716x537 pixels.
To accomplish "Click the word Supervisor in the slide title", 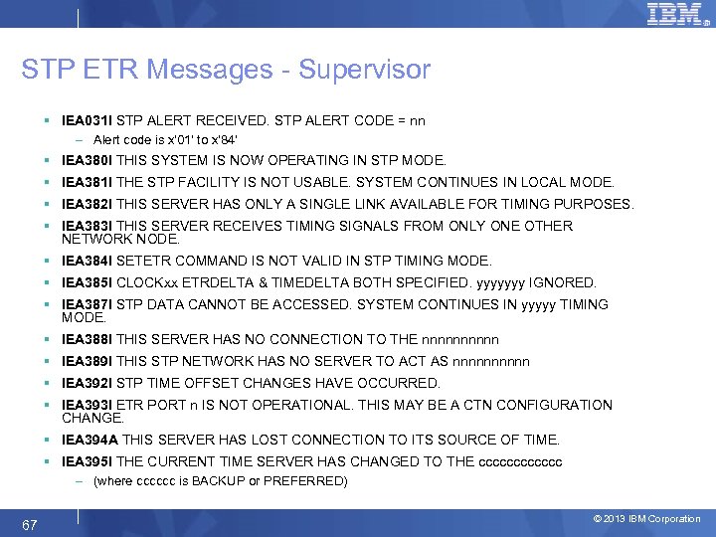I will (368, 70).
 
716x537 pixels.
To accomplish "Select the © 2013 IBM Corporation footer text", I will (646, 519).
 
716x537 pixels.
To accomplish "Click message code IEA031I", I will (88, 121).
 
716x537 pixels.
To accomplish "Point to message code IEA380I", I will (88, 160).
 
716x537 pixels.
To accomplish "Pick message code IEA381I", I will (88, 182).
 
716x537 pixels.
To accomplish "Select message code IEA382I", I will (88, 204).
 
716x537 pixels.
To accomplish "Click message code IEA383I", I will (88, 226).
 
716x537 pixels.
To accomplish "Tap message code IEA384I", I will (88, 261).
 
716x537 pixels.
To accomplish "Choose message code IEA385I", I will (88, 282).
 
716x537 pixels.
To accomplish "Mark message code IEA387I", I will (88, 304).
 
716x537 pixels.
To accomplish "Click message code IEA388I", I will (88, 339).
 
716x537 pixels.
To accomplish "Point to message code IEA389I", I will (88, 361).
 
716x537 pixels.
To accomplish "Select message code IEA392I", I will (88, 383).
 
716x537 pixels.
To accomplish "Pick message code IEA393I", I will (88, 405).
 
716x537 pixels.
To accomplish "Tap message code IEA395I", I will (88, 461).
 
